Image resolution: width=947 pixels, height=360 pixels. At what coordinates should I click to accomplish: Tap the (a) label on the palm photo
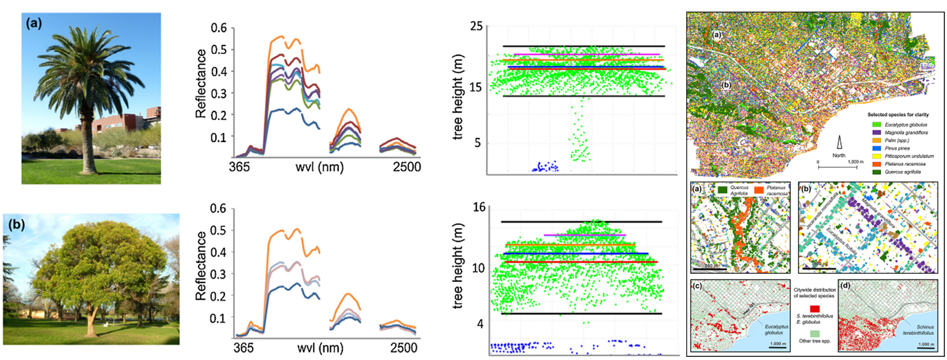coord(34,24)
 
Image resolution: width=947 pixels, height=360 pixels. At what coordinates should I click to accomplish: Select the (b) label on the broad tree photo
coord(16,225)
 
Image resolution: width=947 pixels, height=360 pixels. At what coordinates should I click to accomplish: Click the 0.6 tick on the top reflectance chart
coord(219,28)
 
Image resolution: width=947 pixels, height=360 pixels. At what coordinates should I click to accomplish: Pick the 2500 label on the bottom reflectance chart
coord(403,348)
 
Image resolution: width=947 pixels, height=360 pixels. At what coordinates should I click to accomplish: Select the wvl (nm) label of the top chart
coord(319,167)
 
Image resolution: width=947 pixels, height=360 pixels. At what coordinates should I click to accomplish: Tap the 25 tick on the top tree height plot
coord(476,26)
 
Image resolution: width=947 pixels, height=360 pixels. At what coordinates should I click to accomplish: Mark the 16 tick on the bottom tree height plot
coord(479,207)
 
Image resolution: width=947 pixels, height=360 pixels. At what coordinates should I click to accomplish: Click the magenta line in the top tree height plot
coord(586,54)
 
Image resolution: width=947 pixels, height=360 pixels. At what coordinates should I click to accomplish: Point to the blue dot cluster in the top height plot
coord(545,168)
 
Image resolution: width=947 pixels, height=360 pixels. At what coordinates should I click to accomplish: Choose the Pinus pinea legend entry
coord(897,148)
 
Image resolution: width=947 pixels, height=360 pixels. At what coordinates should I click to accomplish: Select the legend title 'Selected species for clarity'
coord(898,115)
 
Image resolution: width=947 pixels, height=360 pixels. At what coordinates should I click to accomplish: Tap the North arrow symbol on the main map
coord(839,142)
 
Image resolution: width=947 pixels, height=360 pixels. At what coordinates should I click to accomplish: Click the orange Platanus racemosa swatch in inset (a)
coord(758,190)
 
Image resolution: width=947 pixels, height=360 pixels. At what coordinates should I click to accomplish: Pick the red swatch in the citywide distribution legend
coord(814,308)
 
